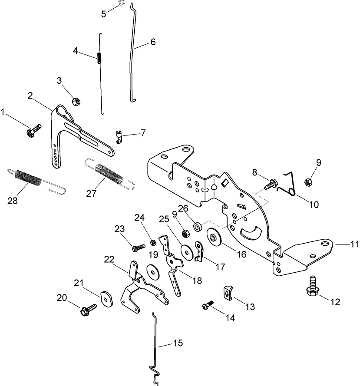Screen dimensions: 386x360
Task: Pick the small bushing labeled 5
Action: tap(122, 4)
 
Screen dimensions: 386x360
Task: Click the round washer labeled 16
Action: tap(215, 238)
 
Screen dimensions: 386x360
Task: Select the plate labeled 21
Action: tap(106, 297)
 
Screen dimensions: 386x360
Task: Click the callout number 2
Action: tap(30, 96)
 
